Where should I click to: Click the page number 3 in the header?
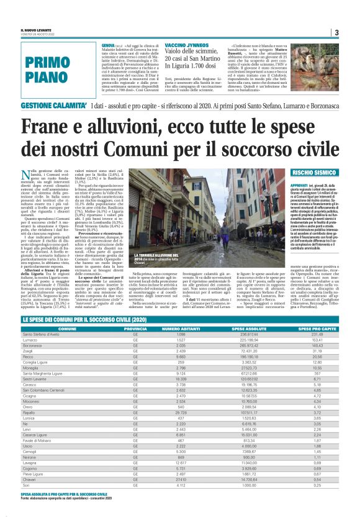tap(336, 33)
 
